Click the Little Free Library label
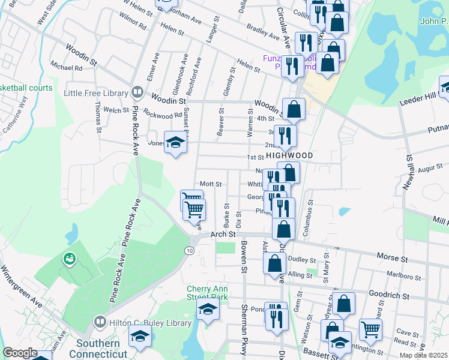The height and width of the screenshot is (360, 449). point(96,93)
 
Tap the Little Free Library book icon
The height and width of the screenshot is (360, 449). point(137,93)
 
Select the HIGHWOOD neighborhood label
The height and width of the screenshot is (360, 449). point(289,155)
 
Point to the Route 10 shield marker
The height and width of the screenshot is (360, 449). point(190,250)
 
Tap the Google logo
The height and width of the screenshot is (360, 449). point(20,353)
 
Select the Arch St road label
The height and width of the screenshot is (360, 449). point(221,234)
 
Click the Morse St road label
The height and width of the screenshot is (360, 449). point(392,257)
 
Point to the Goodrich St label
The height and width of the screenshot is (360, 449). point(389,296)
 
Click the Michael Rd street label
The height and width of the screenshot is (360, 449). point(66,68)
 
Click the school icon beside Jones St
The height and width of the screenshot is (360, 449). point(175,143)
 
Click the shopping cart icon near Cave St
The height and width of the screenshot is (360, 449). point(370,328)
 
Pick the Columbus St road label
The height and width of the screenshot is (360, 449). point(310,215)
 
